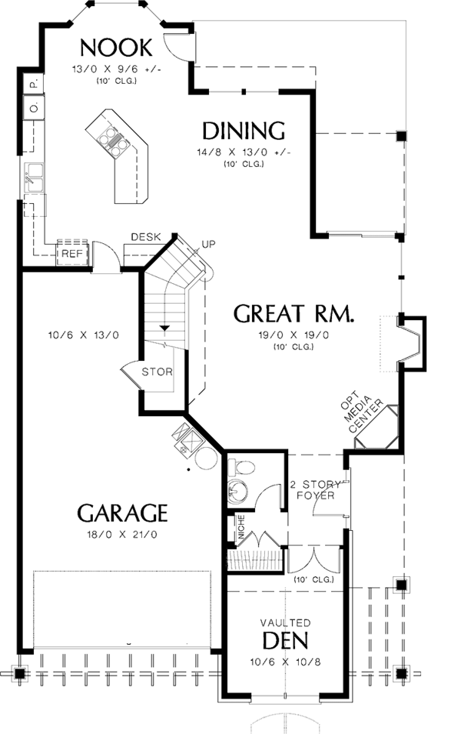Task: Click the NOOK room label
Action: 116,47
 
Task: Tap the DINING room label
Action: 244,130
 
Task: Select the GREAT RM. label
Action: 294,314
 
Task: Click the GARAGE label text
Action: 122,512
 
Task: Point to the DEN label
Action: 285,640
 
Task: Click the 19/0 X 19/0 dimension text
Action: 294,335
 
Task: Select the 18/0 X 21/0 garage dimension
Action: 122,533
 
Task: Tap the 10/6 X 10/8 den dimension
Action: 285,660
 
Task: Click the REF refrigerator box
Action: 72,252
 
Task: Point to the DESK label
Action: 145,237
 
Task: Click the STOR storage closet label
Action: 158,372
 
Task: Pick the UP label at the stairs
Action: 207,245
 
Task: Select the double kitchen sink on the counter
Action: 35,178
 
